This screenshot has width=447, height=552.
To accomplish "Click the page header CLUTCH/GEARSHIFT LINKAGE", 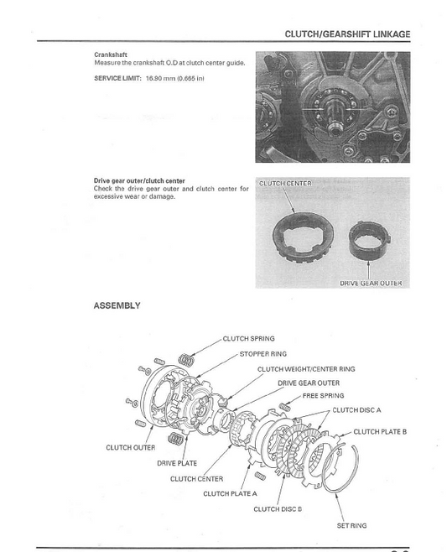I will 347,34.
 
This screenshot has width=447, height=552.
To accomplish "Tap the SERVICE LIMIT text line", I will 149,78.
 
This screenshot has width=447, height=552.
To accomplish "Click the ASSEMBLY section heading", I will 117,306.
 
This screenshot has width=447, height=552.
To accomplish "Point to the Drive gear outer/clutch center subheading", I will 140,180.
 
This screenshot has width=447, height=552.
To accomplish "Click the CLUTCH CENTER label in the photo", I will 284,183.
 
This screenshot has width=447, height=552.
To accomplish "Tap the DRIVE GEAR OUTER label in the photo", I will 370,283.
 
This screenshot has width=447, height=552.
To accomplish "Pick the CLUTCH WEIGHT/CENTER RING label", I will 305,368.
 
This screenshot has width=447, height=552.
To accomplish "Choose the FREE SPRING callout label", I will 323,395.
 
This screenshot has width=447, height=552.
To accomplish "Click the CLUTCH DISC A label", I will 356,410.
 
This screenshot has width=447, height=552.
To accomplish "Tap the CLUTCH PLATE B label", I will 380,431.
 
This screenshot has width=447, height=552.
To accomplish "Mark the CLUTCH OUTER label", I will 130,447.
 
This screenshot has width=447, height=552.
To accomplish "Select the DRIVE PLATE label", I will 177,463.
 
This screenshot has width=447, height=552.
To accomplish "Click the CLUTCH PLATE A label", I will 230,493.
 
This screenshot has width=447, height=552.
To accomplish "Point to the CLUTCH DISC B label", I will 278,509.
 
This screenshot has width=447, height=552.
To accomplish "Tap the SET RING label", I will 351,525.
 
